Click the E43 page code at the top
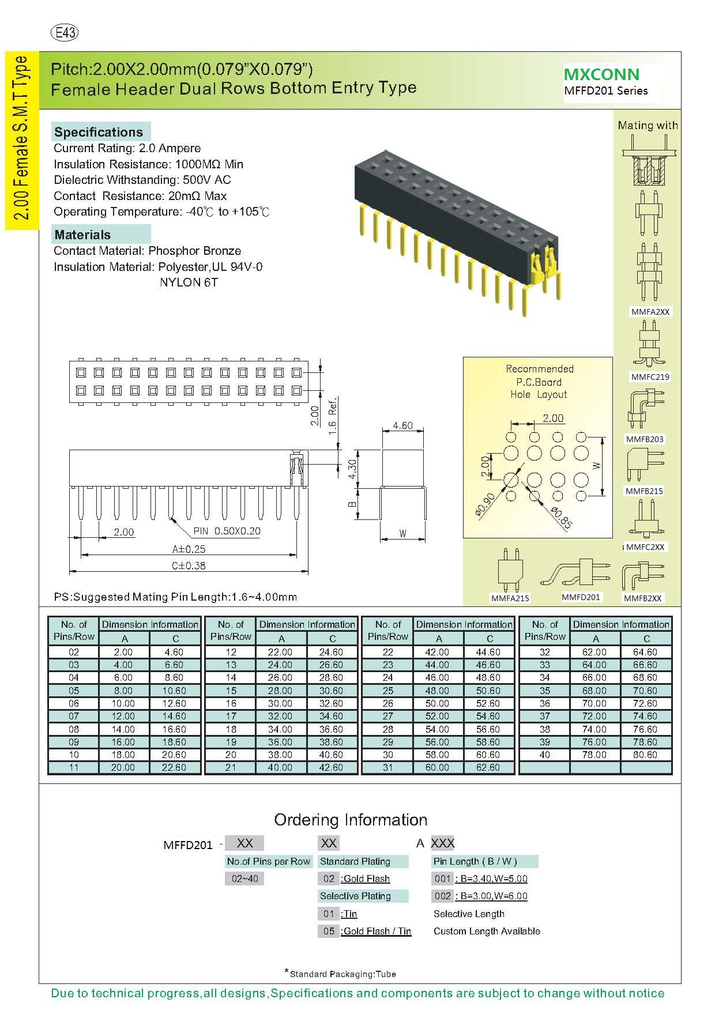(65, 33)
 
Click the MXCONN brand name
(601, 74)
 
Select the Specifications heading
(99, 132)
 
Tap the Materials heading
(82, 235)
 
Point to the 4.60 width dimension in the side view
(402, 425)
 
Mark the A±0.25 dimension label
(189, 549)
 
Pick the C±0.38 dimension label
(189, 565)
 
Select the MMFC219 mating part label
(650, 377)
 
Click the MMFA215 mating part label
(510, 598)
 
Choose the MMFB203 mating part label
(645, 439)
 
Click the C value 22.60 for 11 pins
(174, 767)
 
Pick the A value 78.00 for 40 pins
(594, 755)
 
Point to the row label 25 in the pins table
(387, 691)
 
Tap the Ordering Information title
(351, 820)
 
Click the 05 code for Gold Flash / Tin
(329, 931)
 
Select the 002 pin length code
(443, 896)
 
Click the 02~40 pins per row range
(244, 879)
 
